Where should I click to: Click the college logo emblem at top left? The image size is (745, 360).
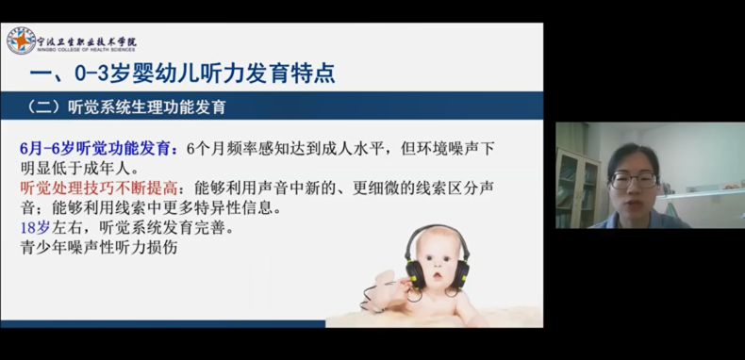tap(21, 41)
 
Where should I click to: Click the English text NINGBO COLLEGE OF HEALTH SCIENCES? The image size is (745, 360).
tap(87, 50)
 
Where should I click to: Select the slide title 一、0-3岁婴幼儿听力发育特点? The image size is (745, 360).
tap(182, 74)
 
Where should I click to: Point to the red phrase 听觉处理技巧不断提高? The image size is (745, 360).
tap(99, 188)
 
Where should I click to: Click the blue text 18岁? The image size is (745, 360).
tap(35, 227)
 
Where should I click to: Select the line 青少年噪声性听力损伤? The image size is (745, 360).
tap(99, 247)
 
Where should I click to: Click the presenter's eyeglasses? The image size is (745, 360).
tap(635, 180)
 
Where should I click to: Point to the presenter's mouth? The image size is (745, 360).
tap(634, 205)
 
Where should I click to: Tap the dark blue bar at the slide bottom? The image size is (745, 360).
tap(163, 324)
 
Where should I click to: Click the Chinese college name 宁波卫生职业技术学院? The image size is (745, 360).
tap(87, 41)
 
